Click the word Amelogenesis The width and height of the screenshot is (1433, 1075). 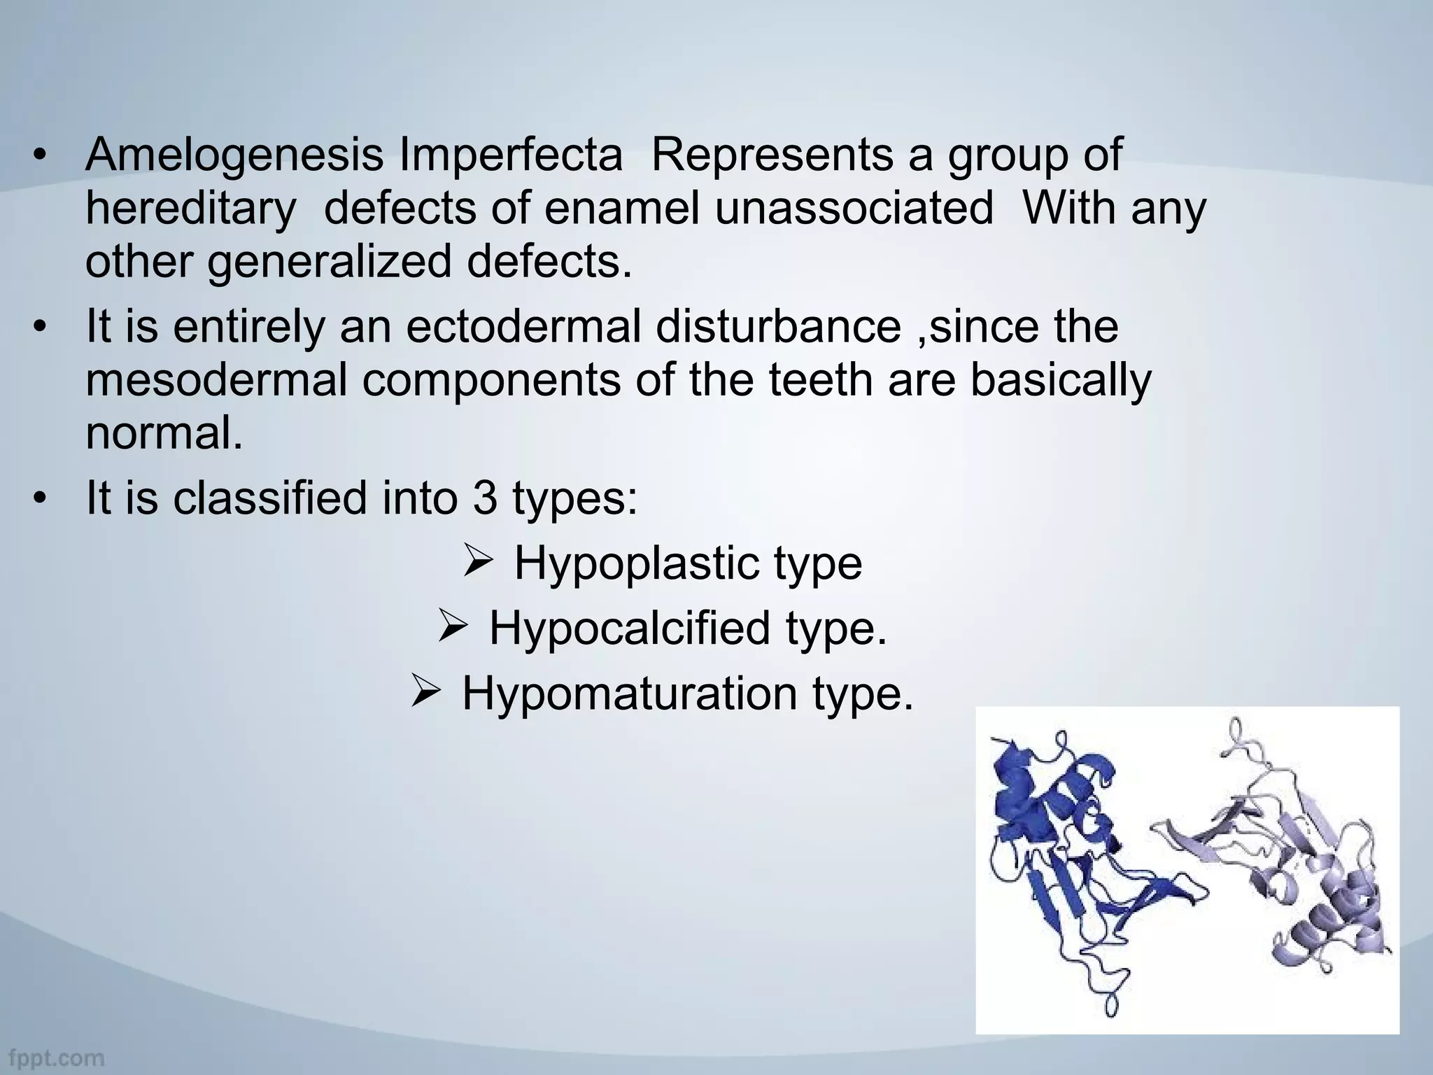tap(234, 155)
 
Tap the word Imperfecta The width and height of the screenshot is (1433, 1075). tap(510, 155)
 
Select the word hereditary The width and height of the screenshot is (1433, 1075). tap(190, 209)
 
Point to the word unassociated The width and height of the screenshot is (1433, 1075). tap(854, 209)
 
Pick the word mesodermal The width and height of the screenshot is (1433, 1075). tap(216, 380)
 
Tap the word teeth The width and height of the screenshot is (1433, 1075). tap(822, 380)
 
